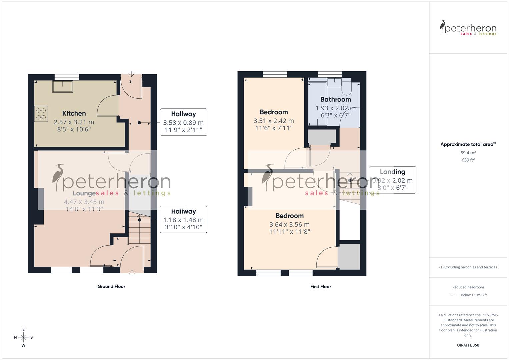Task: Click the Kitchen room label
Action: pos(74,113)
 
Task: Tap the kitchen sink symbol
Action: pos(63,86)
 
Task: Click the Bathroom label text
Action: pos(335,99)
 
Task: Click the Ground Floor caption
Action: pos(111,286)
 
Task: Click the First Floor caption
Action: pos(320,286)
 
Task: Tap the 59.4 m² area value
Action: pos(468,153)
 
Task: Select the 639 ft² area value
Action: pos(468,160)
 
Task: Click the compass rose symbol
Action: pos(23,337)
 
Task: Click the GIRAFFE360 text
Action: pos(468,345)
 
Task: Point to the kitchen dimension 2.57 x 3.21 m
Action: pos(74,122)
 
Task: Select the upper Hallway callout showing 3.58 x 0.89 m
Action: pos(183,122)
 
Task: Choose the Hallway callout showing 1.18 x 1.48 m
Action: pos(183,219)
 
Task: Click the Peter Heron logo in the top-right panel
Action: pos(468,28)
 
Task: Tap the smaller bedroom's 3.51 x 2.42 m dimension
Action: pos(274,121)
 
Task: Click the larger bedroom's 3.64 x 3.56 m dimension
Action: pos(289,225)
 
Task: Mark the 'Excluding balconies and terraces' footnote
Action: pos(468,267)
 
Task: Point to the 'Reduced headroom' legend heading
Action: pos(468,287)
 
